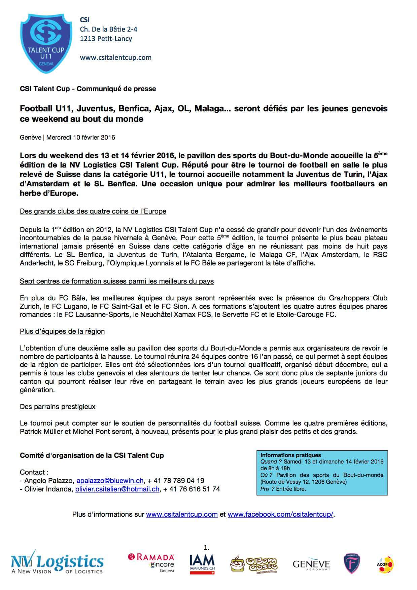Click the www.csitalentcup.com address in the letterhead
pos(115,58)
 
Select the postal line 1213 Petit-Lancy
pos(106,39)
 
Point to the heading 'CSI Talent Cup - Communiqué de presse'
pos(88,89)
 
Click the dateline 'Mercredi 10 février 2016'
pos(81,138)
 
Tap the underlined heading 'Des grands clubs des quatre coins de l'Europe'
pos(93,212)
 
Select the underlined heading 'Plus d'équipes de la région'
pos(62,331)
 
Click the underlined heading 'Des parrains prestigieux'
pos(58,407)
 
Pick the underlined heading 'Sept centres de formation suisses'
pos(117,281)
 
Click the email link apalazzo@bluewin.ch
pos(110,481)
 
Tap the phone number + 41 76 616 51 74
pos(192,489)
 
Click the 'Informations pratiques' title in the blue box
pos(291,455)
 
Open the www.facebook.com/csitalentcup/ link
pos(280,514)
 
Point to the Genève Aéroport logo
pos(311,565)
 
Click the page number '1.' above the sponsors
pos(207,548)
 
